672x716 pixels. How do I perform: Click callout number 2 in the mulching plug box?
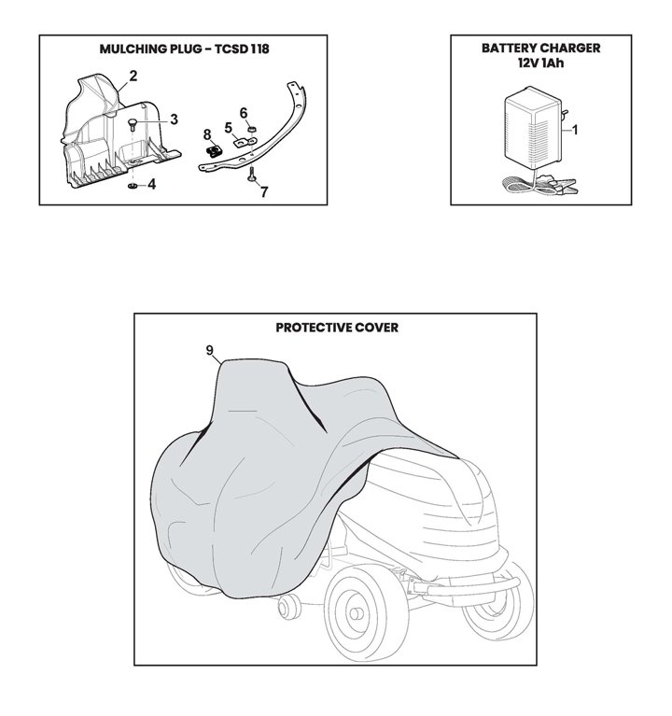tap(133, 75)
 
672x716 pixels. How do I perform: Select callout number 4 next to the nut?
tap(152, 185)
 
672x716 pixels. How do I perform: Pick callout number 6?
tap(245, 112)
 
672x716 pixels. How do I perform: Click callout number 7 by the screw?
tap(264, 192)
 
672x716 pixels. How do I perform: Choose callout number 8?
tap(206, 133)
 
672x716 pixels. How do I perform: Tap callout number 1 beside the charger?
tap(576, 130)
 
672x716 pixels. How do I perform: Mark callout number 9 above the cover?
tap(211, 351)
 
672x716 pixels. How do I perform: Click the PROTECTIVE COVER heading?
tap(337, 328)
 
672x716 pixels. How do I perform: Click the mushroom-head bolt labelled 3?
tap(133, 124)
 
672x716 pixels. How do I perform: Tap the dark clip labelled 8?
tap(212, 146)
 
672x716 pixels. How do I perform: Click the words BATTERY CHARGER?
tap(540, 47)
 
